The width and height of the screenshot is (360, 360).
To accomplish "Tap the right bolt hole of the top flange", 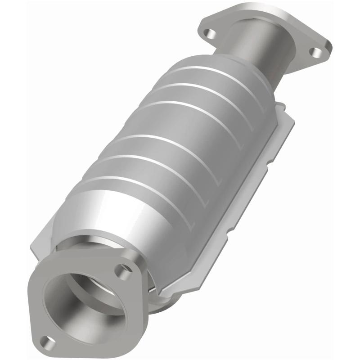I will click(317, 52).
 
